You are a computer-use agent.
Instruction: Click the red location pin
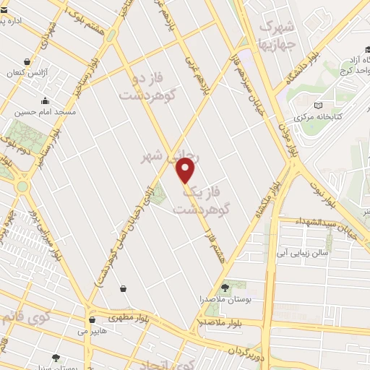(186, 171)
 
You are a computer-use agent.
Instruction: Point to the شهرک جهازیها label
(277, 33)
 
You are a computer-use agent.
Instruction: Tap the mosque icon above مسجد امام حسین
(46, 100)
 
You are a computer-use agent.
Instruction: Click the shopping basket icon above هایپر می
(92, 319)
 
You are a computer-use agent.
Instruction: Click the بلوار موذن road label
(291, 139)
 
